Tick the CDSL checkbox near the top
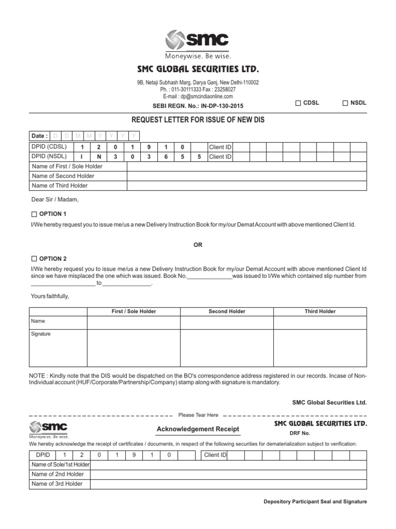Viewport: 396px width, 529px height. (x=298, y=103)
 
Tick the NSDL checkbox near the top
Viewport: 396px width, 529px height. (x=345, y=103)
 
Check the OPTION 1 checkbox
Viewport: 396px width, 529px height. (x=34, y=214)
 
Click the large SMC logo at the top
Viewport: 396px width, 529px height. (x=197, y=43)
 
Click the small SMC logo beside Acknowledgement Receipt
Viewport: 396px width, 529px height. (x=48, y=429)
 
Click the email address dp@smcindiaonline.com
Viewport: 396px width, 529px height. (x=198, y=96)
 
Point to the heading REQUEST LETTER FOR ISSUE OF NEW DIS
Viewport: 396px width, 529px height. (x=198, y=120)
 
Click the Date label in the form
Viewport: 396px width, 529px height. (x=39, y=136)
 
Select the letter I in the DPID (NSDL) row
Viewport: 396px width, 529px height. (x=81, y=157)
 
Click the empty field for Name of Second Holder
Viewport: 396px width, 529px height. (x=247, y=176)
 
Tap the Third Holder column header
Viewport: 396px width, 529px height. (x=320, y=312)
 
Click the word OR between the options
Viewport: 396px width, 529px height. (x=198, y=245)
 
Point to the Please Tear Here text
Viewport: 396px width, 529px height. (x=198, y=415)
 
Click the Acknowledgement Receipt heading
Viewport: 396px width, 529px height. (x=197, y=429)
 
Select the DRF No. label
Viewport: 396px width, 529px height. (x=300, y=433)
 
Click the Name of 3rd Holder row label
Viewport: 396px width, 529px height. (x=57, y=484)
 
